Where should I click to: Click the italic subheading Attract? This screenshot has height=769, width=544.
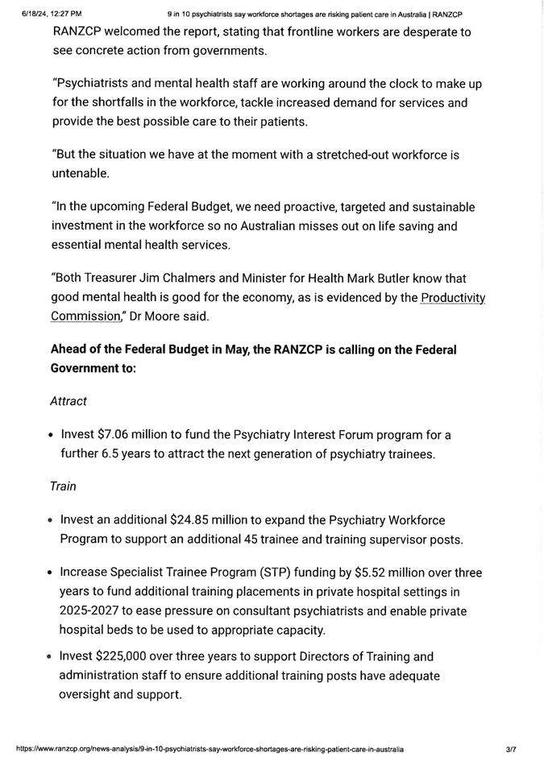point(68,400)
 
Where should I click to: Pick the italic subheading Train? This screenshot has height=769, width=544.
point(63,486)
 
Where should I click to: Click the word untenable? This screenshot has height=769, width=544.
point(80,173)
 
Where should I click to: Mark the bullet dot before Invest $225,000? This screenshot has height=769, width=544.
point(51,657)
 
